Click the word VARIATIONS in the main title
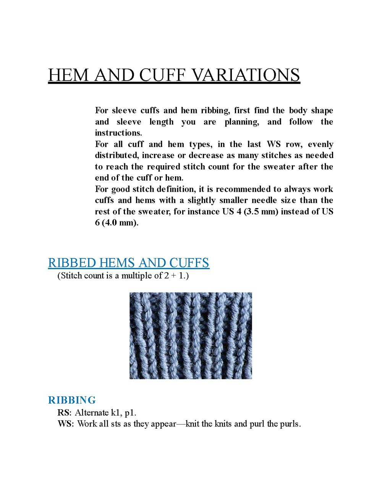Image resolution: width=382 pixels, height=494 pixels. click(x=246, y=75)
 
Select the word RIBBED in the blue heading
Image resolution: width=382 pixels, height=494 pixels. click(x=72, y=263)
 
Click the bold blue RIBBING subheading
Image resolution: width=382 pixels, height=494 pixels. click(x=72, y=400)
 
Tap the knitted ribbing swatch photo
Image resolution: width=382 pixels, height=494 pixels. click(x=191, y=336)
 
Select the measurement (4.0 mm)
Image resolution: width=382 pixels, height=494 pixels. click(x=120, y=223)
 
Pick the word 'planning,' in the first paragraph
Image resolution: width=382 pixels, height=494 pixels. click(x=241, y=122)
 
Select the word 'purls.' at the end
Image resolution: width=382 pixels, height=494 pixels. click(x=290, y=424)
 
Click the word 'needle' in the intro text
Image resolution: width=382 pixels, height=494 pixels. click(x=265, y=200)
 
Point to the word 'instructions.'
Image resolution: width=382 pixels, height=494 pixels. click(x=118, y=133)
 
